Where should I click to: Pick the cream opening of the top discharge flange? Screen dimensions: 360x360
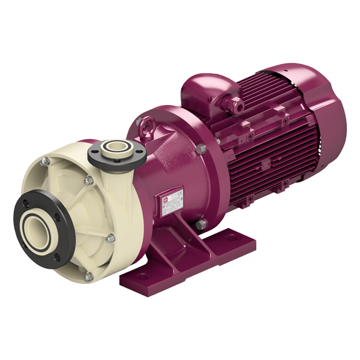pos(116,148)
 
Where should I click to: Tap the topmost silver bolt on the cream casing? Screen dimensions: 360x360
pos(45,160)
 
